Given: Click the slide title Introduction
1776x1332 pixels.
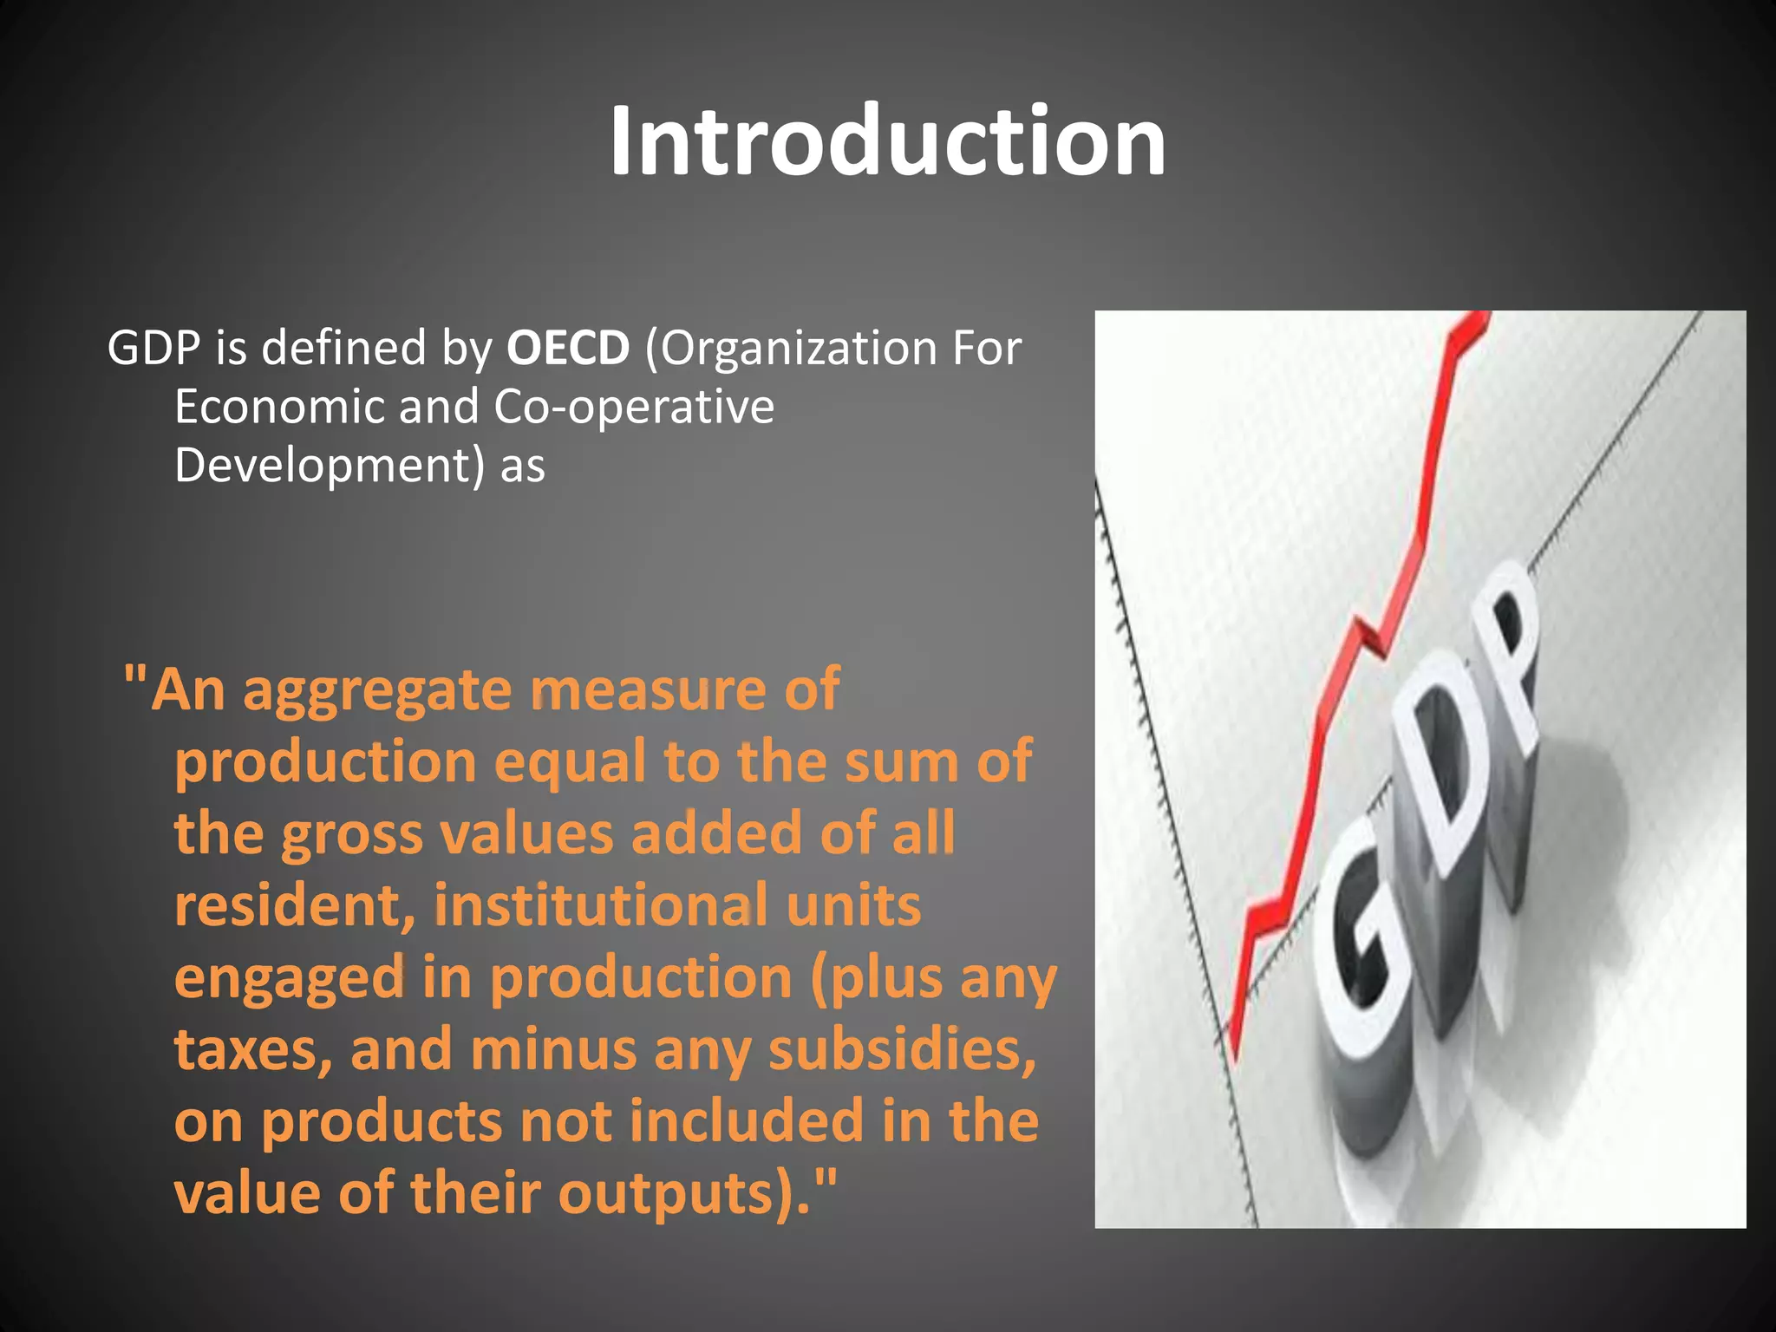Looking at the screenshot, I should (887, 140).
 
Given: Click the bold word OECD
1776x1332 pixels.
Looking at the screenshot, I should (568, 349).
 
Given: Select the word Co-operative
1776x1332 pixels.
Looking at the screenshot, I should (634, 407).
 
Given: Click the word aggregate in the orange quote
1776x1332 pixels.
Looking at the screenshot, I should (378, 691).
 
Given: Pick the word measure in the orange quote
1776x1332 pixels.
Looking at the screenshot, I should (650, 691).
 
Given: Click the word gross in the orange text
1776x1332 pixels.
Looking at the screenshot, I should (352, 834).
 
